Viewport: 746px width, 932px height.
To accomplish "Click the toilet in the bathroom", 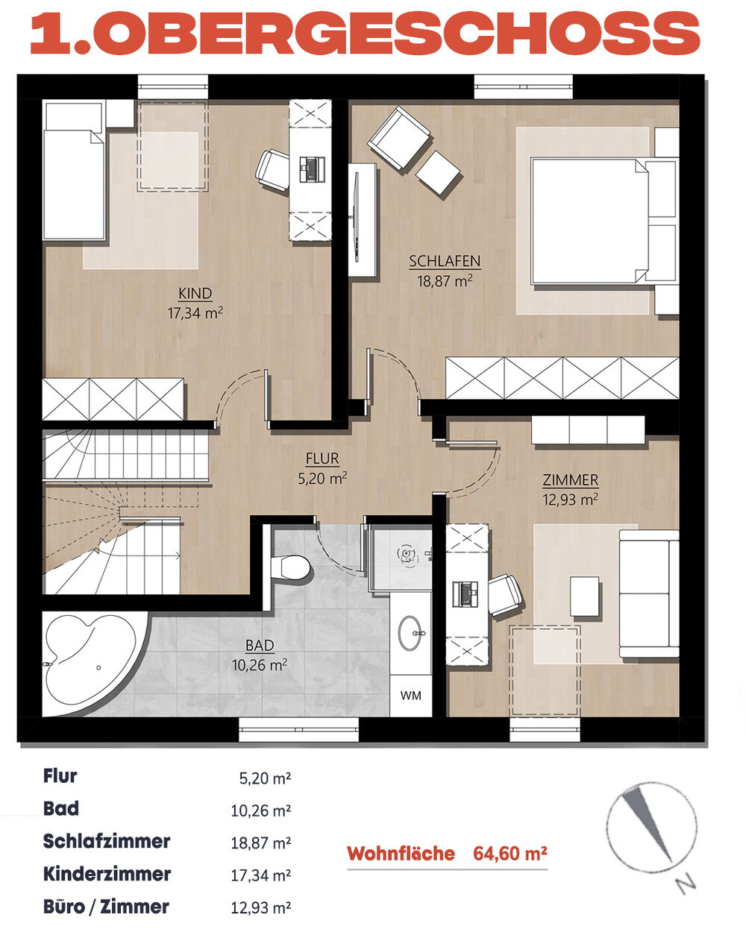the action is (x=289, y=566).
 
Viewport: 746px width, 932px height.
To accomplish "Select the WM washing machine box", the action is (x=410, y=696).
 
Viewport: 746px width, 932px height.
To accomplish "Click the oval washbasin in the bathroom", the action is (x=410, y=633).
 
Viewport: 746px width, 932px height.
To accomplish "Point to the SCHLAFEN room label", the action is (x=445, y=262).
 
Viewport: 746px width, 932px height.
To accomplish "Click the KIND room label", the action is (x=195, y=294).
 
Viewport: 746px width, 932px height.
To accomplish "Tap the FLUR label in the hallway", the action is (x=322, y=459).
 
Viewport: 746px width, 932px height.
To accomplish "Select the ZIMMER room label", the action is (x=571, y=480).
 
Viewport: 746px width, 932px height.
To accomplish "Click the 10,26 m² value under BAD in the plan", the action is (x=259, y=665).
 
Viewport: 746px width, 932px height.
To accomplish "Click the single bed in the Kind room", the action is (x=75, y=170).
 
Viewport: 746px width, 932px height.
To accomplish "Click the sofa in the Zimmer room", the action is (x=649, y=593).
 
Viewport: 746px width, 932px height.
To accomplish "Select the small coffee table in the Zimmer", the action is (x=585, y=596).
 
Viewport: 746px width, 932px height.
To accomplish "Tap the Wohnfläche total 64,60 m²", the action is (x=510, y=854).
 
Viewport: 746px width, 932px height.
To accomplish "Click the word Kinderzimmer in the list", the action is (x=107, y=875).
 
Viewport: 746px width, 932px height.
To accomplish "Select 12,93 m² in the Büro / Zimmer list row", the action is (x=260, y=907).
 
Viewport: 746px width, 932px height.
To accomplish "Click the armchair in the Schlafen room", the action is (x=400, y=138).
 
